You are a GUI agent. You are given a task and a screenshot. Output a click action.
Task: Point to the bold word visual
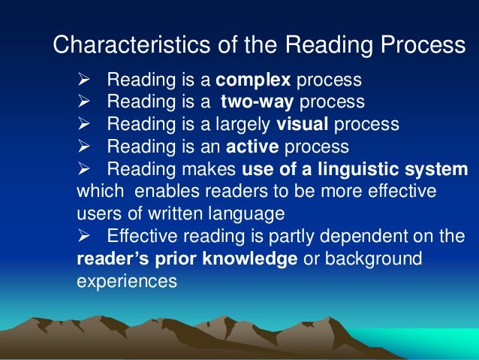click(x=303, y=124)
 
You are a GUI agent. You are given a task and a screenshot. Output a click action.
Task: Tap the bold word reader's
click(x=112, y=259)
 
